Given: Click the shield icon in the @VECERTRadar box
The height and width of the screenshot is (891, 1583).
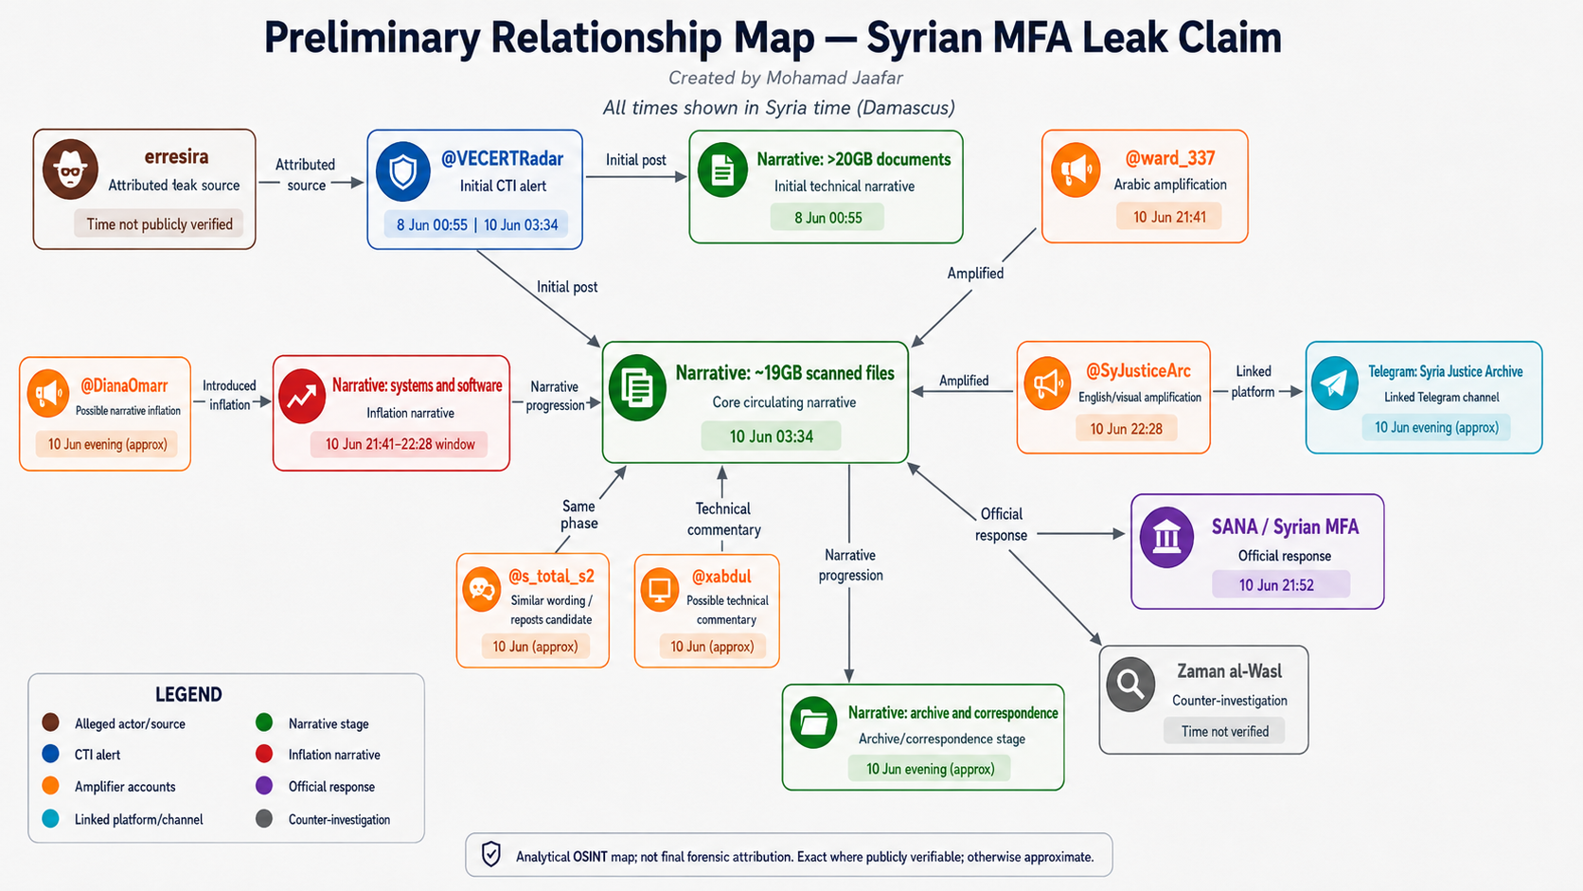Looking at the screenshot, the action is point(402,171).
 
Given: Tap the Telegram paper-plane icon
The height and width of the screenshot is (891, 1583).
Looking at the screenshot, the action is point(1334,383).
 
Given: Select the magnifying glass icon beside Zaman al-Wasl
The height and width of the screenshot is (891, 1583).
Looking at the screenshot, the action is point(1130,684).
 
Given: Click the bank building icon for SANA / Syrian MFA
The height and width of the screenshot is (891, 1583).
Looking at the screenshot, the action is point(1166,538).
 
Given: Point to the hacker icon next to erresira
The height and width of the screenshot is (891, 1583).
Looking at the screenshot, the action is point(70,169).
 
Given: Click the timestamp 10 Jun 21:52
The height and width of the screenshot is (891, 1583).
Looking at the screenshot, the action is point(1276,585).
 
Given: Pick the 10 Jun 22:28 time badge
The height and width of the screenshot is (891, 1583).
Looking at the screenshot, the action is point(1127,429).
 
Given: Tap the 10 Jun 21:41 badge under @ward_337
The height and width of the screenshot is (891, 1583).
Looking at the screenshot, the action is point(1169,217).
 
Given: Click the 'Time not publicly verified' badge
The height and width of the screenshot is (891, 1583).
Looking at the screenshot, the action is point(159,224).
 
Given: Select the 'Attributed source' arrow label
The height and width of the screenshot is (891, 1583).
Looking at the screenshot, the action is point(305,174).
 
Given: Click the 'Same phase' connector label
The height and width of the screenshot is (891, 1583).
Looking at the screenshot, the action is point(578,514).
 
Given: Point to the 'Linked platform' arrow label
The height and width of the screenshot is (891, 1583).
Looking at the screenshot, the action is point(1253,381).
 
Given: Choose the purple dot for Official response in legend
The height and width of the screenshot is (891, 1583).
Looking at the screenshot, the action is point(263,786).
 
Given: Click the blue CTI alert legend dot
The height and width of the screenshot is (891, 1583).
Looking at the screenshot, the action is point(50,754).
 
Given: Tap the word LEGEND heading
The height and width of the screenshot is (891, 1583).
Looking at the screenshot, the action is point(188,695).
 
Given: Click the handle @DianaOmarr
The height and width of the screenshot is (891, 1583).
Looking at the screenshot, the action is point(124,385).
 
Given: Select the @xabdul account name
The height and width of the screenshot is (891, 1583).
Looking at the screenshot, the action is point(721,577).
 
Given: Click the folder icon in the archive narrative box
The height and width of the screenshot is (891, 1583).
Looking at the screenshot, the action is point(813,722).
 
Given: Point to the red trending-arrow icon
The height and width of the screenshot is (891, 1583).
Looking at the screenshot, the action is point(302,397).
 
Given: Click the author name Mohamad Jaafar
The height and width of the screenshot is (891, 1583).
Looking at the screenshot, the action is point(834,78).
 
